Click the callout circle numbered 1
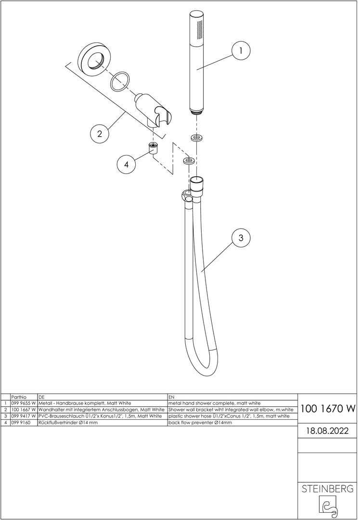click(241, 51)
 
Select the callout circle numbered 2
click(100, 134)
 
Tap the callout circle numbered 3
click(241, 238)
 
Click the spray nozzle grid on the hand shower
click(200, 32)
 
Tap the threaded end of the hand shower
click(198, 113)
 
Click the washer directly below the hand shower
click(197, 137)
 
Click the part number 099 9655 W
click(23, 403)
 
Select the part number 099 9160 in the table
click(21, 423)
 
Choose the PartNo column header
click(19, 397)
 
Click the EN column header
click(171, 397)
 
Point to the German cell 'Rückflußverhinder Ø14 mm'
click(68, 423)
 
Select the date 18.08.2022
click(327, 431)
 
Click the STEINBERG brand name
click(327, 489)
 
